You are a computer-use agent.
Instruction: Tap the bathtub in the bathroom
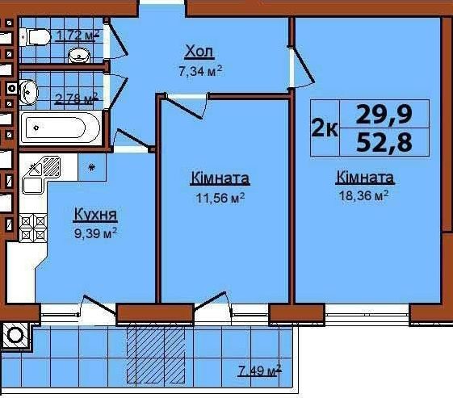[x=61, y=128]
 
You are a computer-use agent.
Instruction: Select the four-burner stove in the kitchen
[x=33, y=228]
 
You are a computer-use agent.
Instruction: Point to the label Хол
[x=199, y=52]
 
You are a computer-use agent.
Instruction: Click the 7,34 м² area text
[x=200, y=71]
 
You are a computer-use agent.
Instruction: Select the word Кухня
[x=95, y=214]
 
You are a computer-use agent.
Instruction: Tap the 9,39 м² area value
[x=95, y=233]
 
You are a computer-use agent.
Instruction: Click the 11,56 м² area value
[x=220, y=198]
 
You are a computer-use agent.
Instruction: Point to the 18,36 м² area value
[x=363, y=196]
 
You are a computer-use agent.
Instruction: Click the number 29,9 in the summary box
[x=384, y=114]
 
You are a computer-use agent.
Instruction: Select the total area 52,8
[x=384, y=143]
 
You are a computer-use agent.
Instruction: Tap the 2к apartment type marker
[x=325, y=128]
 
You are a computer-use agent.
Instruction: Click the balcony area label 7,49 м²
[x=259, y=371]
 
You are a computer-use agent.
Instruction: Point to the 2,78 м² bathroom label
[x=76, y=99]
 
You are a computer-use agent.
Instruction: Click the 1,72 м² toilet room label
[x=78, y=36]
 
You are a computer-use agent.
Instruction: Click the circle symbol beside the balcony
[x=15, y=336]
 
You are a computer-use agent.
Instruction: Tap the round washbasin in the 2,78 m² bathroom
[x=28, y=92]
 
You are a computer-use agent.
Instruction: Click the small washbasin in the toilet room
[x=79, y=56]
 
